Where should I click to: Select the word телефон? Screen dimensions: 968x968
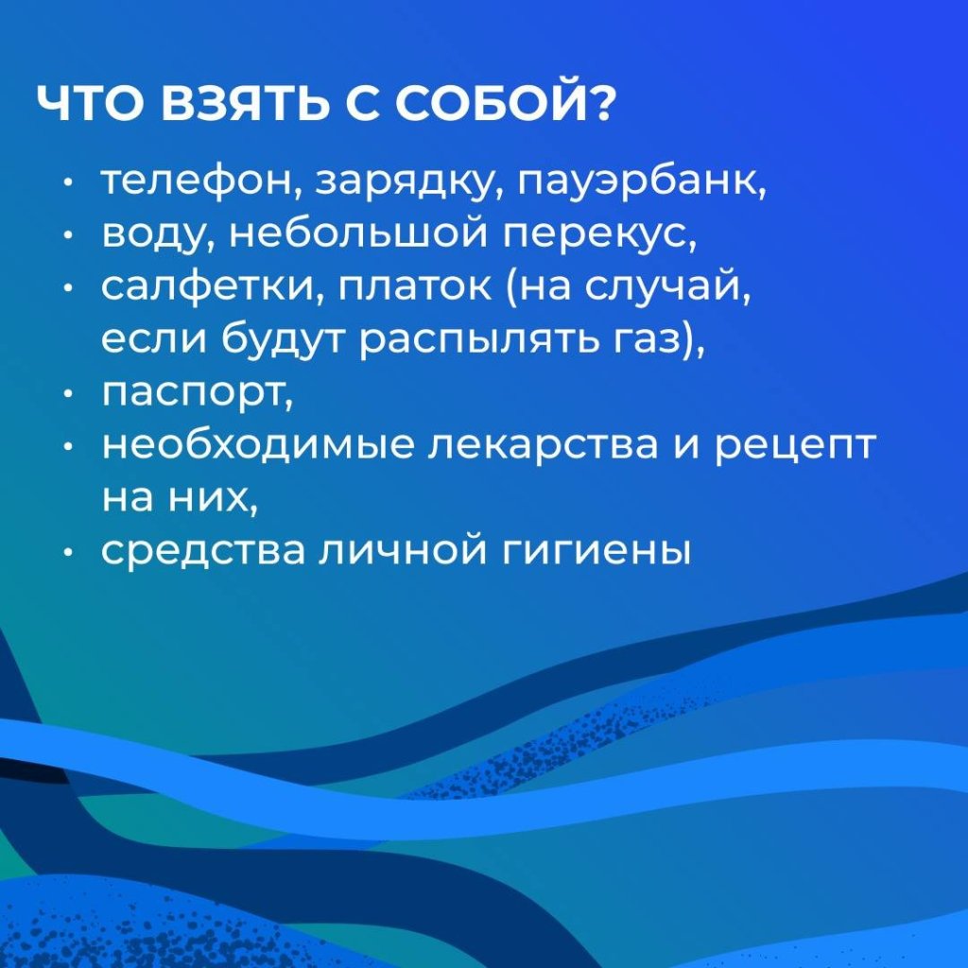197,182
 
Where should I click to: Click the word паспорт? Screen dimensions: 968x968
193,394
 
